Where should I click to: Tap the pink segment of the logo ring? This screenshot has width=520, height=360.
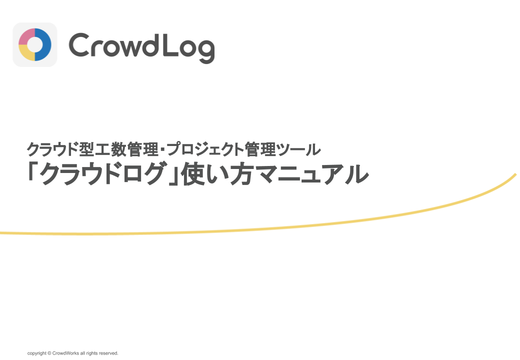[x=25, y=36]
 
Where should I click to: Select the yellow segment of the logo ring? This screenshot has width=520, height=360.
[x=25, y=53]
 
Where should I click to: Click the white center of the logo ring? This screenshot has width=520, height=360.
[x=35, y=45]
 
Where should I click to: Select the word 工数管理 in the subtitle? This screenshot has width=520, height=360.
[x=126, y=149]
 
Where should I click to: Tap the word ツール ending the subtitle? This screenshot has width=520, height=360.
[x=299, y=149]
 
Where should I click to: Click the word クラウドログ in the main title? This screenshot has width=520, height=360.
[x=102, y=173]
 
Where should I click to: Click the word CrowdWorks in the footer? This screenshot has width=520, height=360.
[x=65, y=353]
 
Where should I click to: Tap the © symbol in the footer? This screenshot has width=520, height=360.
[x=49, y=353]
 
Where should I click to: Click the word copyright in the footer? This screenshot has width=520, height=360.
[x=37, y=353]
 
